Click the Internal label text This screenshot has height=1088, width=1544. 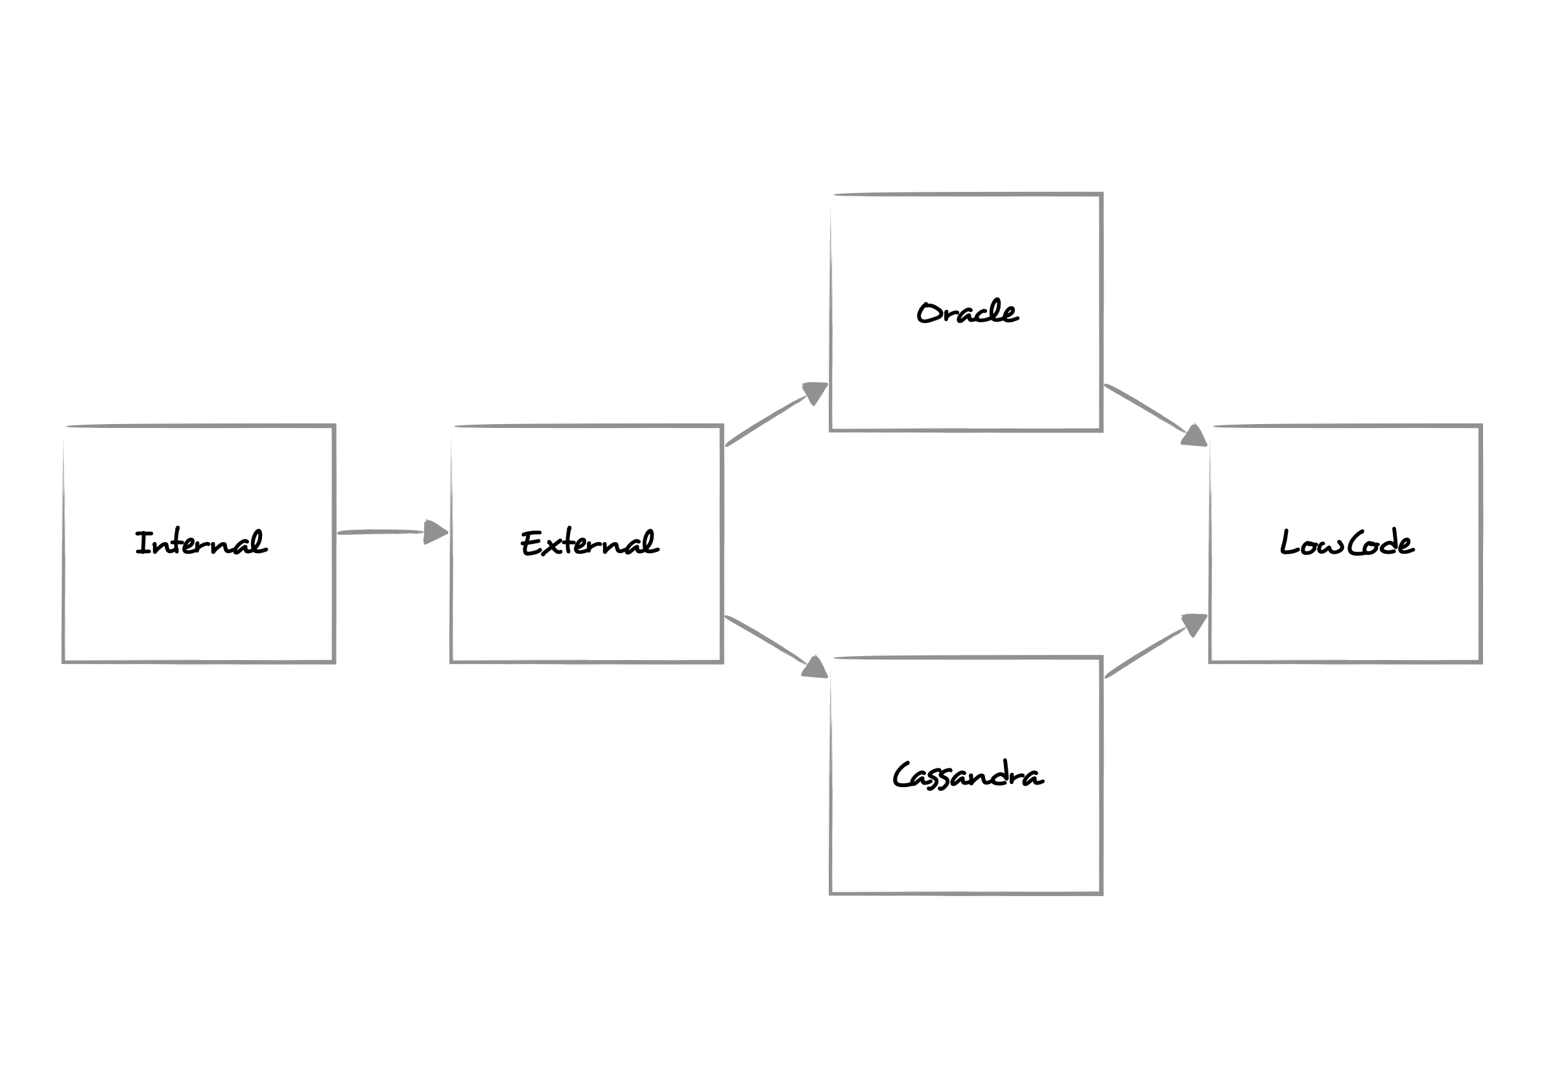(x=200, y=543)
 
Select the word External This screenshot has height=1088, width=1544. (x=589, y=543)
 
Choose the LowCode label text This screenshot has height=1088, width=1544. (x=1346, y=543)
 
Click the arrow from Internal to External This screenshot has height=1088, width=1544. (x=383, y=532)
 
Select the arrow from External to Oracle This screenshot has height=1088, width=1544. (x=766, y=420)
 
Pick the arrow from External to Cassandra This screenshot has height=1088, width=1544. (x=766, y=640)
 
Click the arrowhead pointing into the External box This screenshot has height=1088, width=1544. (x=435, y=532)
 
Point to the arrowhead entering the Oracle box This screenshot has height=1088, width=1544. (x=814, y=392)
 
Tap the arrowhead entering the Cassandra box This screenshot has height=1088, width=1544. (x=815, y=668)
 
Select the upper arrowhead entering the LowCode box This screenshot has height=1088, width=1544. (x=1194, y=436)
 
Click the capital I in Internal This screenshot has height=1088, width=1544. (x=142, y=543)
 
